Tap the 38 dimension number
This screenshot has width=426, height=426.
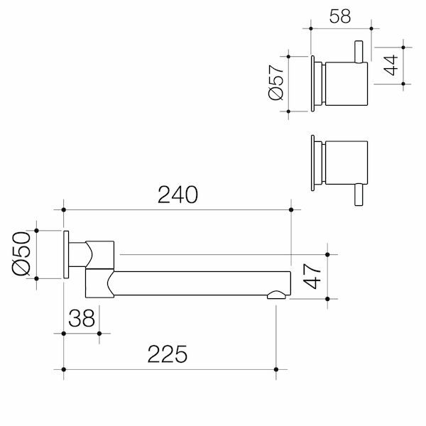(x=82, y=319)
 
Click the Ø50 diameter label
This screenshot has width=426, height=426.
(x=21, y=254)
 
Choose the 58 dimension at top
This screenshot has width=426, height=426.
(x=340, y=16)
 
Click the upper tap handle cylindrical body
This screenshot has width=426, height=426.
(x=345, y=83)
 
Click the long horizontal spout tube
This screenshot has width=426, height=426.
(x=199, y=283)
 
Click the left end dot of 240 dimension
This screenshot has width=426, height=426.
(x=64, y=209)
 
